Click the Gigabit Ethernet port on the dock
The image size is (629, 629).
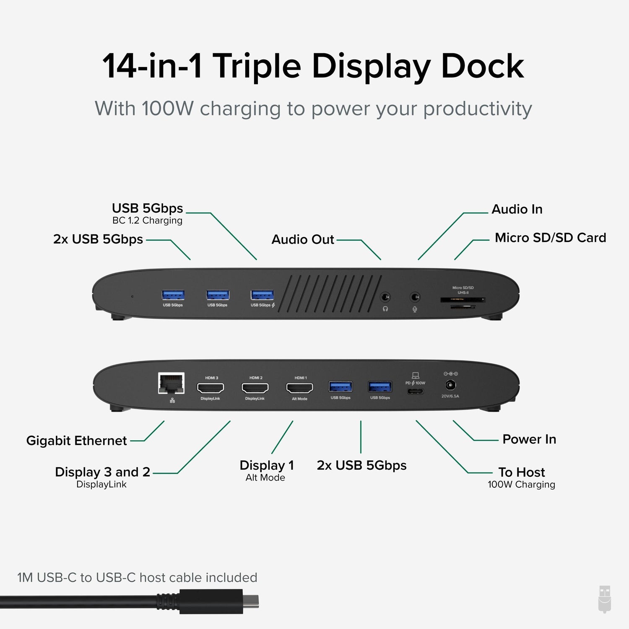(x=172, y=383)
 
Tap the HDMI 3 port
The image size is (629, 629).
(x=211, y=388)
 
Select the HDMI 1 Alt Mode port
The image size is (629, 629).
(x=299, y=388)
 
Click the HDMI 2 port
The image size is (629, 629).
(x=255, y=388)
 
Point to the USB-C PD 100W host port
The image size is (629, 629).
(x=415, y=391)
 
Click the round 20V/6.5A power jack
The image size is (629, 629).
(x=450, y=385)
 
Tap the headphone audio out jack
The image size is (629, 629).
(x=385, y=297)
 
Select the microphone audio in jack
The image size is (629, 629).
(x=415, y=297)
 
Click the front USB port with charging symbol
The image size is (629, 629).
(x=262, y=295)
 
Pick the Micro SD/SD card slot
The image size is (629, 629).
(x=463, y=300)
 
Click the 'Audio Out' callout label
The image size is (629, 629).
(x=303, y=239)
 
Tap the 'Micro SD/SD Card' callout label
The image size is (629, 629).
(x=550, y=238)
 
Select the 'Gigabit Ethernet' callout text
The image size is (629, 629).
(x=76, y=441)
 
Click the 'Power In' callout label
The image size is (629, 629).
(x=529, y=439)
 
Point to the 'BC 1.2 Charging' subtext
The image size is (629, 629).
(x=147, y=221)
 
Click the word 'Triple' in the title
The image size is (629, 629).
(x=257, y=66)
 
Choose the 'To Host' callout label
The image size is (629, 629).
(x=522, y=472)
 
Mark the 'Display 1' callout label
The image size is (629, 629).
(x=267, y=465)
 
